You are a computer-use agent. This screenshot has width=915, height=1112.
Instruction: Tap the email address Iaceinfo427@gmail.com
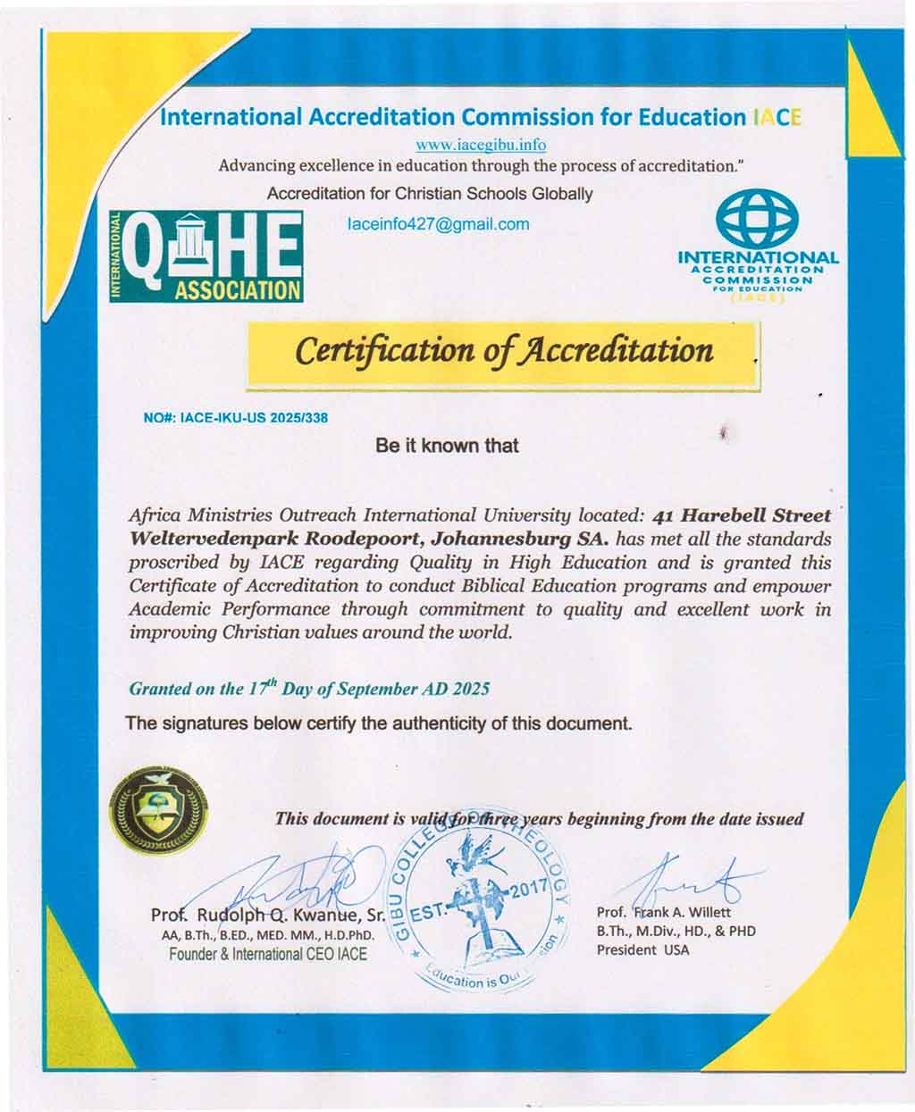[x=438, y=224]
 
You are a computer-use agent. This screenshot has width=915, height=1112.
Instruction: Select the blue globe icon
[x=759, y=219]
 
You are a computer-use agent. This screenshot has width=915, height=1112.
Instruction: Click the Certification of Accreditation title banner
[x=504, y=350]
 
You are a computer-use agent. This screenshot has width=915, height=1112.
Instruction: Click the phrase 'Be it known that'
[x=447, y=445]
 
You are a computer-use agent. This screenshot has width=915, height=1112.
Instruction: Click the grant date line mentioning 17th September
[x=309, y=690]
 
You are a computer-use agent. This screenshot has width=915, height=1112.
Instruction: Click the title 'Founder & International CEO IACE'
[x=267, y=954]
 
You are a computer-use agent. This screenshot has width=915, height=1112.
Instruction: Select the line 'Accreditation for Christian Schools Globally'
[x=430, y=194]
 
